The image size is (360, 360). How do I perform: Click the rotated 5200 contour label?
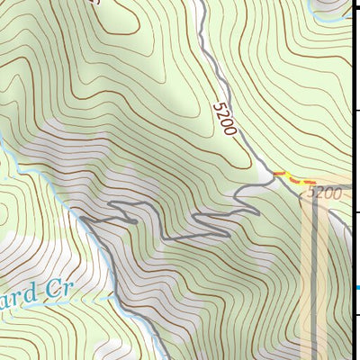226,120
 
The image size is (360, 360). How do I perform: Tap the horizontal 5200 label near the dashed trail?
324,193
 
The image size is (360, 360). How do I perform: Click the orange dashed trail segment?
294,178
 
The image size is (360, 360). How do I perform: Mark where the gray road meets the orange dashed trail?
274,173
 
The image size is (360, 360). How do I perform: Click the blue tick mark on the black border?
356,288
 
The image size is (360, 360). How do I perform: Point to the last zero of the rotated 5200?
232,132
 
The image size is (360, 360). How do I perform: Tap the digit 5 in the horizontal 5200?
311,193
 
